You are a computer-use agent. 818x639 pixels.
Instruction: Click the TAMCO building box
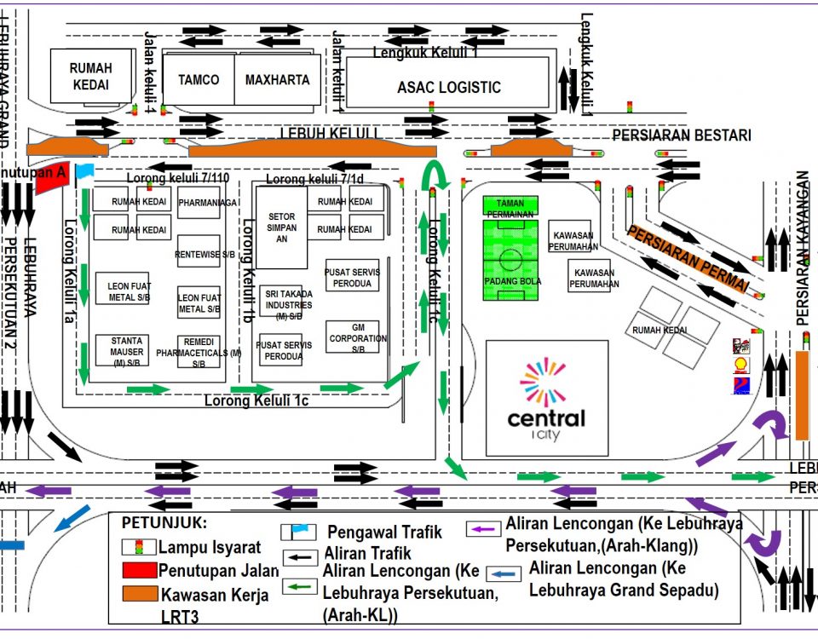tap(198, 80)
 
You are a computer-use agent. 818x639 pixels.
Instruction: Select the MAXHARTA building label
tap(277, 80)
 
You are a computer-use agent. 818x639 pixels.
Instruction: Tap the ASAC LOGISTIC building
tap(449, 87)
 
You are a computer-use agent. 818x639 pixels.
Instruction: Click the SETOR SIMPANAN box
tap(281, 228)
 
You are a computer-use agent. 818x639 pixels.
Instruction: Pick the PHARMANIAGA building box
tap(199, 203)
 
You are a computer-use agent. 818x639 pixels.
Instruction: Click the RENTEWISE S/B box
tap(199, 253)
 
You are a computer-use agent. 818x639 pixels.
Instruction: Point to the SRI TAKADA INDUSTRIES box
tap(288, 303)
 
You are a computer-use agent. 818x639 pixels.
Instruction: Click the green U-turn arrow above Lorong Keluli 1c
tap(435, 176)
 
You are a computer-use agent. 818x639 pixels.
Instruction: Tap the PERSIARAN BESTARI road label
tap(682, 135)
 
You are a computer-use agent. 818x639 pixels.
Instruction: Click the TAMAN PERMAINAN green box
tap(511, 205)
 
